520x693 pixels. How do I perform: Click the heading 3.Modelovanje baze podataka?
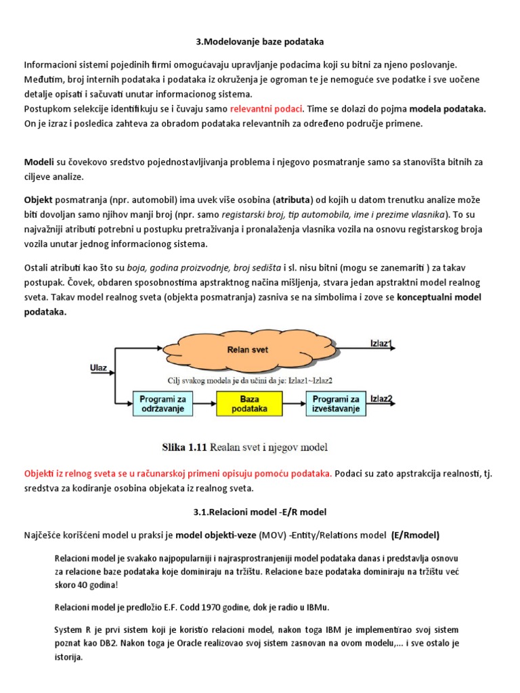tap(260, 42)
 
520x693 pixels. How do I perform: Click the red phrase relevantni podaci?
tap(266, 109)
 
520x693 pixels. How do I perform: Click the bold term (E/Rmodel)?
tap(415, 535)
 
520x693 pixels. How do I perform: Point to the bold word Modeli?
tap(39, 163)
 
